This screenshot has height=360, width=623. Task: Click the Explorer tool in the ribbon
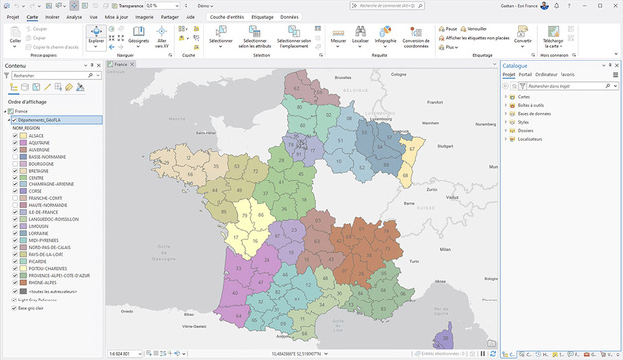(x=97, y=37)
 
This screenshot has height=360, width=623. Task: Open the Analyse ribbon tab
(x=74, y=18)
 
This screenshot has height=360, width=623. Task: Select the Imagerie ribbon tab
(x=145, y=18)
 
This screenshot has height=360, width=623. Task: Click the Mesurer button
(x=338, y=37)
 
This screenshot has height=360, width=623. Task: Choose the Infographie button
(x=386, y=37)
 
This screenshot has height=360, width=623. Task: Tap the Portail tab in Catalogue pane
(x=525, y=75)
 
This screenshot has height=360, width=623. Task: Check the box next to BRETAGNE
(x=16, y=170)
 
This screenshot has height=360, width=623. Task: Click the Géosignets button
(x=138, y=39)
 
